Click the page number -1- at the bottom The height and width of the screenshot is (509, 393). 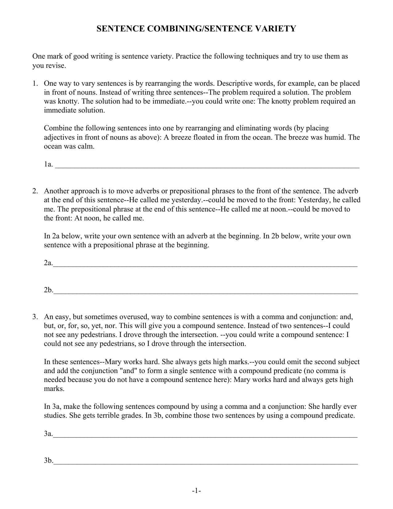196,491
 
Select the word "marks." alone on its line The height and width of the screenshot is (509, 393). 54,389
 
